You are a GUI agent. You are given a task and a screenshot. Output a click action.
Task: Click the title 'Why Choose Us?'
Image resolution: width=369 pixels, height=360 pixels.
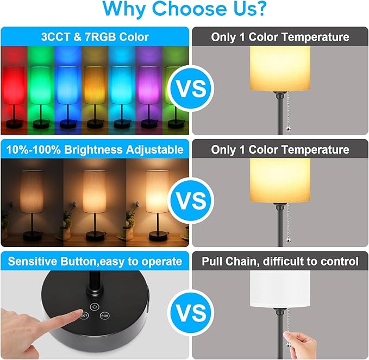(x=184, y=9)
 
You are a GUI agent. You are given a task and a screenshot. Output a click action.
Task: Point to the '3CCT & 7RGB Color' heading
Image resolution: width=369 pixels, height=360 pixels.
(x=95, y=37)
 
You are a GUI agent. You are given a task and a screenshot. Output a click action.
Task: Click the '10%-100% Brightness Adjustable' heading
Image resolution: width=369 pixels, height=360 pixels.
(x=95, y=149)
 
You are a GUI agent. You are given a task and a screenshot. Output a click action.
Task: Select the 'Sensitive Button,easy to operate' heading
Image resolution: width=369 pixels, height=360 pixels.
(x=95, y=261)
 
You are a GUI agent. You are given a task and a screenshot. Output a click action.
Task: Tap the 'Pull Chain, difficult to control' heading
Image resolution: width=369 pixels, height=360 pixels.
(x=280, y=261)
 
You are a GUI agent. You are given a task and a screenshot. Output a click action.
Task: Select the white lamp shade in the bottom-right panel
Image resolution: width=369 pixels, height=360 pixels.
(x=280, y=290)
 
